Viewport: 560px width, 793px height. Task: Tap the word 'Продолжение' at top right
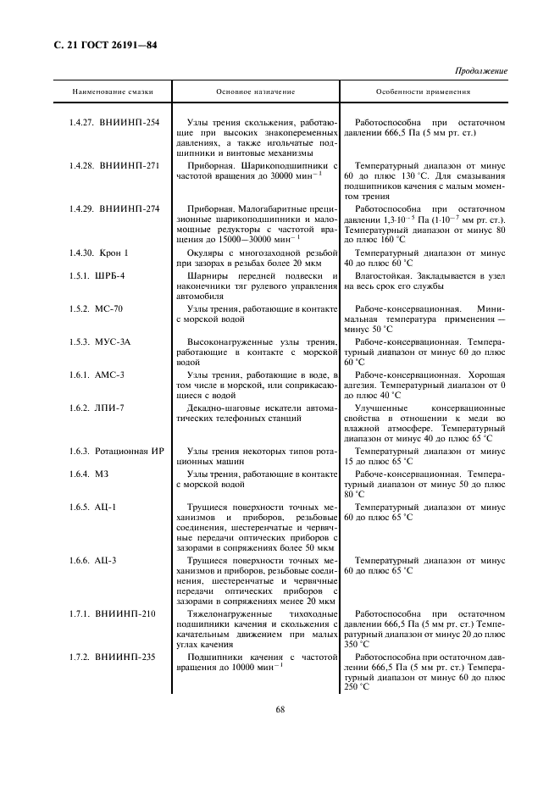point(481,71)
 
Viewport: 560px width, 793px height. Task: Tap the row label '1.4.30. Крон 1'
point(99,252)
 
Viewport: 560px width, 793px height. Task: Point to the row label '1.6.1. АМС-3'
point(97,374)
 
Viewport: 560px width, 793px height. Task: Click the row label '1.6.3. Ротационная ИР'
point(117,452)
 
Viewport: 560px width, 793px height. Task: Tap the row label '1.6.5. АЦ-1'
point(93,507)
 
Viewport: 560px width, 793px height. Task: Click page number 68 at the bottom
point(280,709)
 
